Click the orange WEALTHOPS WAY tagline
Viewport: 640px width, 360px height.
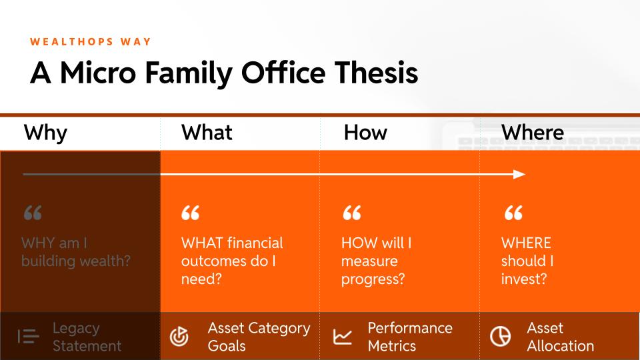point(91,41)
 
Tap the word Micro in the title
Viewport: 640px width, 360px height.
point(98,73)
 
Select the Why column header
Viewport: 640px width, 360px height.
point(45,133)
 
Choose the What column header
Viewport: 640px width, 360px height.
point(207,132)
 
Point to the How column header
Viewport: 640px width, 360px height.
point(365,132)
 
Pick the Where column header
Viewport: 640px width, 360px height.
point(533,132)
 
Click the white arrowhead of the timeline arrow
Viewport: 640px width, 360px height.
point(519,174)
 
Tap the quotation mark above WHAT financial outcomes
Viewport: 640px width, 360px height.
point(190,213)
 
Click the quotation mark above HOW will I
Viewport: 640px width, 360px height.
point(352,213)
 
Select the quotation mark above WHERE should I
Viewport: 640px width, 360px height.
point(513,213)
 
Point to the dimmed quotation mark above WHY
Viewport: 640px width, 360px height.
point(33,213)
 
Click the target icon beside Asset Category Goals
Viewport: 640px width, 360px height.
point(179,336)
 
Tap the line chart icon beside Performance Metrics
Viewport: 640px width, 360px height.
point(342,337)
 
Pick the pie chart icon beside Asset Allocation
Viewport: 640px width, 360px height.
point(500,336)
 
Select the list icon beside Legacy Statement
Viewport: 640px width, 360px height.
point(28,336)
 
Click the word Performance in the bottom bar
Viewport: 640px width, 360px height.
point(410,328)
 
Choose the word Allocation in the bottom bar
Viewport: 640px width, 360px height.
point(561,346)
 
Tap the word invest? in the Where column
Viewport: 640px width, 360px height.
point(524,279)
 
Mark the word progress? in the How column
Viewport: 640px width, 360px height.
point(373,280)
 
